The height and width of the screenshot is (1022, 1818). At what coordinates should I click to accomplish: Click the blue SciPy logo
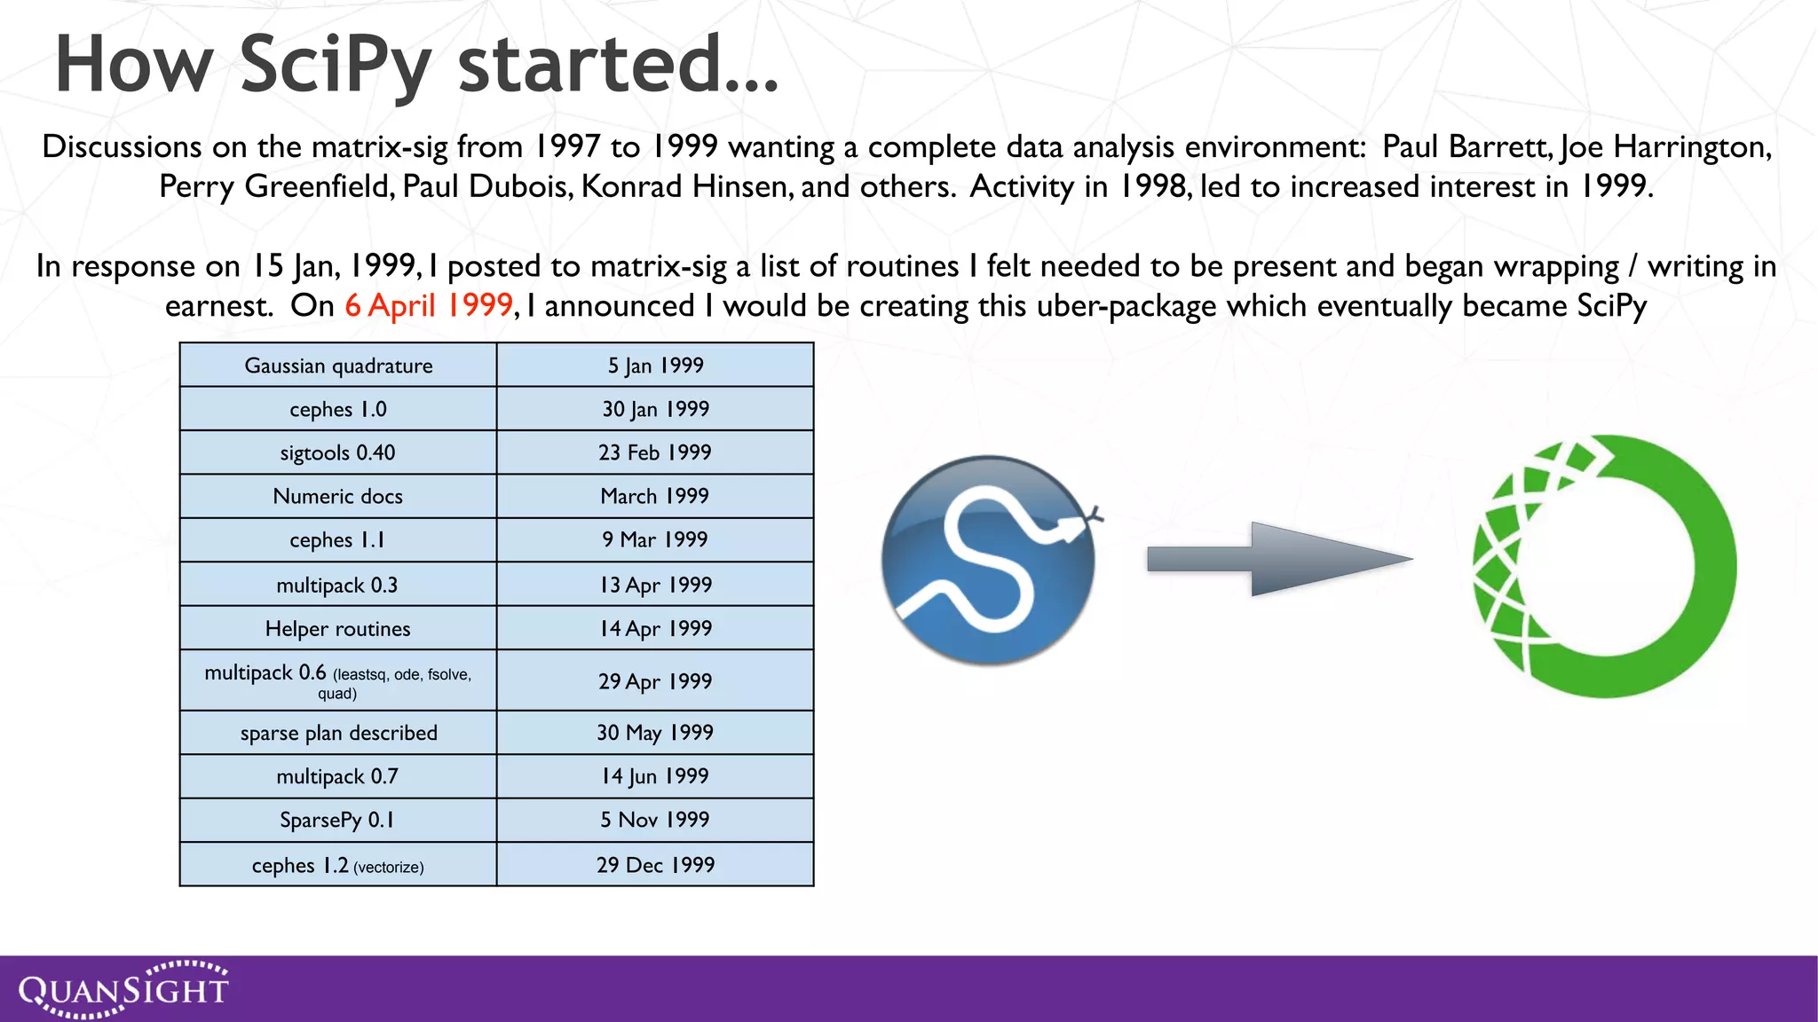(x=989, y=560)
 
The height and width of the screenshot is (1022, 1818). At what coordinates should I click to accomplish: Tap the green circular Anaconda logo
(x=1604, y=565)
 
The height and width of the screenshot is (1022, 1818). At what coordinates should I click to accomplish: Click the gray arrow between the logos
(x=1279, y=559)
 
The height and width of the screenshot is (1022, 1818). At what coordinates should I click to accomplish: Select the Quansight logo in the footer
(x=123, y=988)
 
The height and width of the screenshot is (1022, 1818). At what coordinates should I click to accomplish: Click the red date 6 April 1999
(x=429, y=306)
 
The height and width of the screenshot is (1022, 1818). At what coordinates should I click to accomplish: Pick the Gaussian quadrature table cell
(x=338, y=366)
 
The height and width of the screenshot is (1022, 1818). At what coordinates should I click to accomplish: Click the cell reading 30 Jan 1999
(x=655, y=409)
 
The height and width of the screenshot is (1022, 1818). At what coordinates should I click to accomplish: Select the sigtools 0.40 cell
(x=337, y=452)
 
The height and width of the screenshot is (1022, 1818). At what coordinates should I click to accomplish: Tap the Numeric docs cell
(x=337, y=496)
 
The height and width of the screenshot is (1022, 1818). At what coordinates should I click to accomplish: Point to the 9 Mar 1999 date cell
(x=655, y=539)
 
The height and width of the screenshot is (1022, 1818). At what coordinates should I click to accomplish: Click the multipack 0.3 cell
(x=337, y=585)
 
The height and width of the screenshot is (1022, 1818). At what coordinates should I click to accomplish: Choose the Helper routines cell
(x=337, y=628)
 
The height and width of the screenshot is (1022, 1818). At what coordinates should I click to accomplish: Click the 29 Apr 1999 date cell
(x=655, y=681)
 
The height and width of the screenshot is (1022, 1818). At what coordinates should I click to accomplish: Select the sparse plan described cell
(x=338, y=733)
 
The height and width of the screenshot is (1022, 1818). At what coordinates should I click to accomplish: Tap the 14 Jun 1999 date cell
(x=655, y=776)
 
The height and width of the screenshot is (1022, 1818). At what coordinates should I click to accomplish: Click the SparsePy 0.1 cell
(x=337, y=820)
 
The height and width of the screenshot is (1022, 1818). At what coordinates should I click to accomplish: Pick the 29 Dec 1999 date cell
(x=655, y=865)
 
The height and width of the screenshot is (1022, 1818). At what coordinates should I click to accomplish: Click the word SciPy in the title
(x=336, y=66)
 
